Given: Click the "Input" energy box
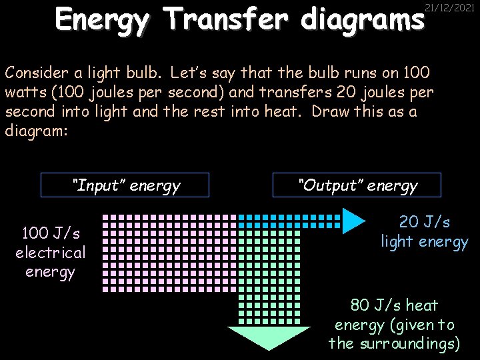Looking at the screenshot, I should click(x=125, y=185).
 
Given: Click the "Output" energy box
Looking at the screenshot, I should click(x=357, y=185).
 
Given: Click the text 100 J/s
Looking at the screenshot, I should click(x=51, y=233).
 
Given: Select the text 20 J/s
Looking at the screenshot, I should click(x=425, y=221).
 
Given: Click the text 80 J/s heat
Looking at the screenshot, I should click(x=394, y=305).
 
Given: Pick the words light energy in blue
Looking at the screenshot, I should click(x=425, y=241).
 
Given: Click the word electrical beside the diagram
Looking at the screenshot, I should click(x=51, y=253).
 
